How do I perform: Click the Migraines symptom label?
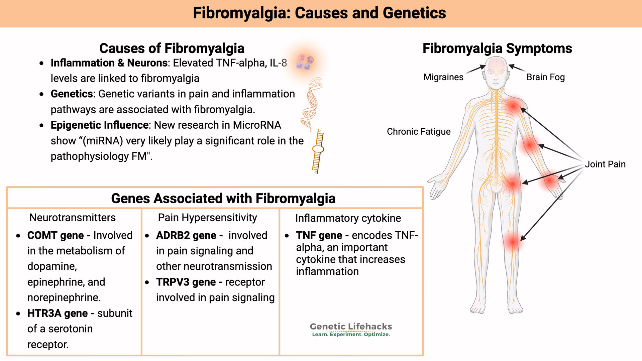pos(443,77)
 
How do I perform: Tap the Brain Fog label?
pos(545,77)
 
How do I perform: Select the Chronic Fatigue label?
pos(418,132)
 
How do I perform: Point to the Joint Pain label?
pos(605,164)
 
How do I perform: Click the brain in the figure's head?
pos(497,65)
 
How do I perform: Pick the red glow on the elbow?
pos(530,145)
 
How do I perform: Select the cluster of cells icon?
pos(305,62)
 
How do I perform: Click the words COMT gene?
pos(56,235)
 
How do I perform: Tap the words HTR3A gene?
pos(58,313)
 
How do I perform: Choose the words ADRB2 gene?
pos(186,235)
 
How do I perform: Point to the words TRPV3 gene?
pos(186,282)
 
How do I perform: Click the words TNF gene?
pos(319,235)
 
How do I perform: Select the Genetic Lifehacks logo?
pos(351,330)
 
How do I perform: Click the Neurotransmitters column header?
pos(73,218)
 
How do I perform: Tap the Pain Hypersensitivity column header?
pos(207,218)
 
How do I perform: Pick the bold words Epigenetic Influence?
pos(99,125)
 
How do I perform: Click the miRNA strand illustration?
pos(318,151)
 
